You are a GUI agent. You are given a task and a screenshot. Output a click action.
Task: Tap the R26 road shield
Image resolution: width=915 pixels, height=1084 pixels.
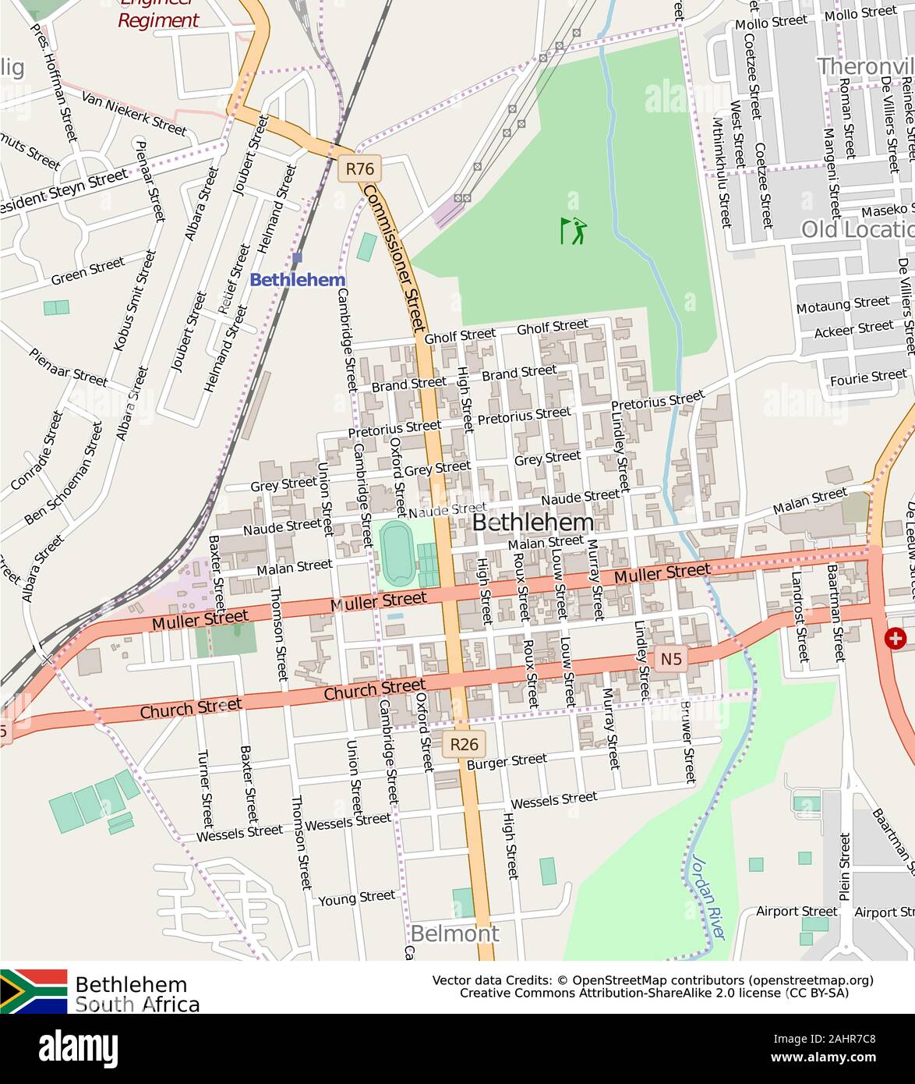pos(464,744)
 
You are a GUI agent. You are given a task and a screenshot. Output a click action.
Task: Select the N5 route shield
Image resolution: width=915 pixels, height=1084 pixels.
pos(671,659)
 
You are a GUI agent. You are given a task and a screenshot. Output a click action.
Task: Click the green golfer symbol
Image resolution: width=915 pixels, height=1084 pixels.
pos(574,230)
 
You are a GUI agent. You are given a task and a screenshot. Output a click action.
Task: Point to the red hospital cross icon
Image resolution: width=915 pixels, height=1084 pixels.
pos(896,639)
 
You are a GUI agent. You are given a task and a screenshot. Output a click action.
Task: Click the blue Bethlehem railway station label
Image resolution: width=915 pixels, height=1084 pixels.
pos(297,279)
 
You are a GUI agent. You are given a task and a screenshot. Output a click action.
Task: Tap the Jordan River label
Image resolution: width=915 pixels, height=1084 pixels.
pos(708,897)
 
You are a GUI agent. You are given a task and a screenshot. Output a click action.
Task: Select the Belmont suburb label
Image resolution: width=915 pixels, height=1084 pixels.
pos(454,933)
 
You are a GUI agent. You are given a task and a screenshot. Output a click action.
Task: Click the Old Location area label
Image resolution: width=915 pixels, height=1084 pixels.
pos(857,229)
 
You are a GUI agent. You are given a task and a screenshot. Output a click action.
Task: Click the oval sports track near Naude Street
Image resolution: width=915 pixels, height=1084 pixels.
pos(397,554)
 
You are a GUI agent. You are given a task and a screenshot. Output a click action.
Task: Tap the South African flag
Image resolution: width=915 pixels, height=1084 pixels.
pos(34,991)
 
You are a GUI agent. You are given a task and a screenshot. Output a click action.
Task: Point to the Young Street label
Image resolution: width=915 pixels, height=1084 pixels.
pos(356,898)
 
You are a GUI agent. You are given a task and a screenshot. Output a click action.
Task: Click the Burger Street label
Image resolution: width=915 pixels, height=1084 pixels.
pos(507,762)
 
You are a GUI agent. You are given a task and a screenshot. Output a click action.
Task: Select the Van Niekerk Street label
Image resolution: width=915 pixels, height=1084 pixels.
pos(134,112)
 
